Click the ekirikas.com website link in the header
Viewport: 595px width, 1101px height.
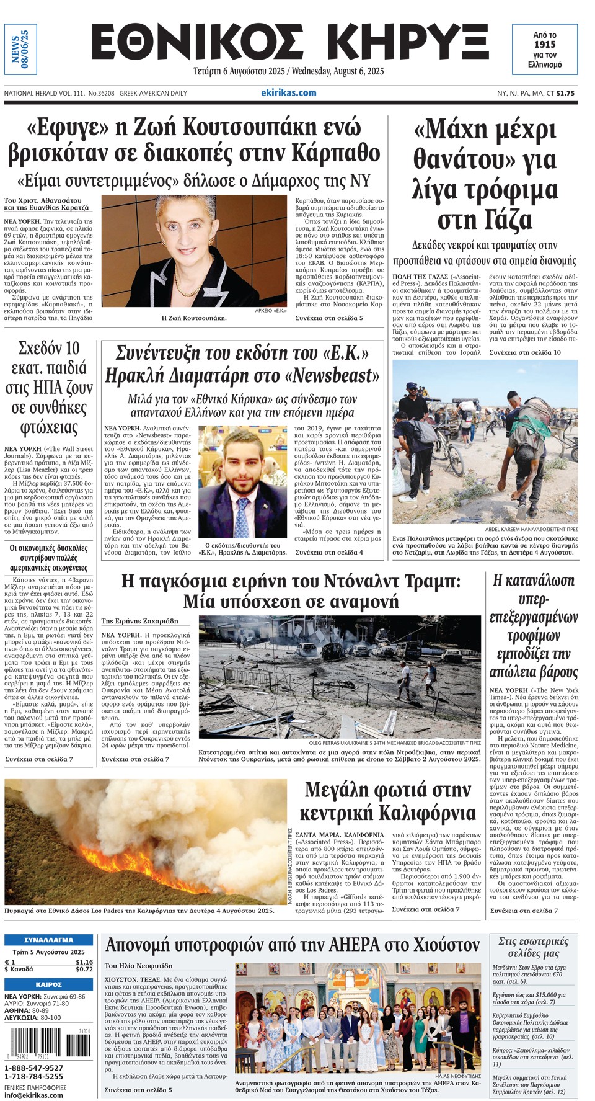[x=288, y=93]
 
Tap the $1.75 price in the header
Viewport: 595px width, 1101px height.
[x=565, y=94]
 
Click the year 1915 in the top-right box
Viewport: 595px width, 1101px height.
[x=545, y=44]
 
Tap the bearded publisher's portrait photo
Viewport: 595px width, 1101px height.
[x=242, y=482]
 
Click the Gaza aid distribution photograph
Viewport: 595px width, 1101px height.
[x=485, y=442]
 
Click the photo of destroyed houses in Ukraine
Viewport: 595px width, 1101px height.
[x=340, y=677]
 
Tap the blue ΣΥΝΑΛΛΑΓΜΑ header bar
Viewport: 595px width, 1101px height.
[x=48, y=940]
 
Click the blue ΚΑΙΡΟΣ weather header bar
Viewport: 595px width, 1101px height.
[x=48, y=984]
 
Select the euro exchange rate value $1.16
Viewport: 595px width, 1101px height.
[x=84, y=962]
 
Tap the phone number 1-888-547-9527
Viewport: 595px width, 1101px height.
[x=34, y=1068]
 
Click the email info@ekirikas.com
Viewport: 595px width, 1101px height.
[x=34, y=1095]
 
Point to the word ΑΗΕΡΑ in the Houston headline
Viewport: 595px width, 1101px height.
[x=337, y=945]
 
